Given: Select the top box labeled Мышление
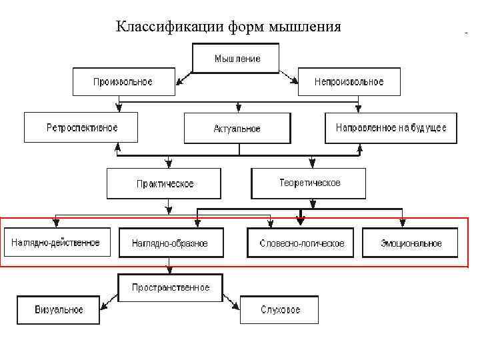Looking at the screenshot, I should [x=237, y=58].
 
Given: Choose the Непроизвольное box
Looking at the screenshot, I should [x=349, y=82].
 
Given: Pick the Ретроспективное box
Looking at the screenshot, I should [x=81, y=127].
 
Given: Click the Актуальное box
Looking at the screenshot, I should [x=237, y=128].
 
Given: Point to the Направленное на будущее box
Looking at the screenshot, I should [x=391, y=127].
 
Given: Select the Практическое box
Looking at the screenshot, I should [x=164, y=183].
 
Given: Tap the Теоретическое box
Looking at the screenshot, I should [x=309, y=183].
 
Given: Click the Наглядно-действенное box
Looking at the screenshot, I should [x=55, y=243].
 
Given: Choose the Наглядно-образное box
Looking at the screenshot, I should [x=169, y=243].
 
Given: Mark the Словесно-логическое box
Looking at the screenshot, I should [x=302, y=243].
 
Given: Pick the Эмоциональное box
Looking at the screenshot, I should [x=411, y=243].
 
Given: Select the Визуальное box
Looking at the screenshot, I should [x=59, y=310].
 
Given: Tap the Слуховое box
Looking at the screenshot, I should [x=279, y=310].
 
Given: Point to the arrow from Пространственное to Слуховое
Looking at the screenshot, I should [x=231, y=301].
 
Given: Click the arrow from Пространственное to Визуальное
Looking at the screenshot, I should [x=109, y=302].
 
